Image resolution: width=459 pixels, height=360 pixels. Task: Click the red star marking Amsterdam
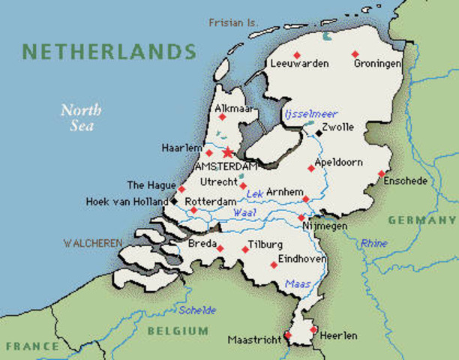(227, 152)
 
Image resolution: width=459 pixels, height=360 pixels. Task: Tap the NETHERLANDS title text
(109, 52)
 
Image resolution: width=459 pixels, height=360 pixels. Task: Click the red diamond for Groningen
(355, 54)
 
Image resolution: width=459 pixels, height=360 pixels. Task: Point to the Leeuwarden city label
(300, 64)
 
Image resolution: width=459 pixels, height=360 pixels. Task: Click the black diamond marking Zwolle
(319, 133)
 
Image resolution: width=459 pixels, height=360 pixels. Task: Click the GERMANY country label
(421, 220)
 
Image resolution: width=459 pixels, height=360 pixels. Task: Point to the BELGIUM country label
(178, 331)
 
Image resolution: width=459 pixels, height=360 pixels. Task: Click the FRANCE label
(32, 346)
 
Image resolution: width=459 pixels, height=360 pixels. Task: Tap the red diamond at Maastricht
(287, 335)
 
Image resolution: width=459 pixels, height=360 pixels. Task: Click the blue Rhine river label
(374, 243)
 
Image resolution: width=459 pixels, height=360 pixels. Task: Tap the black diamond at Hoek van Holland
(174, 201)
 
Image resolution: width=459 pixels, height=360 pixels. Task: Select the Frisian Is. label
(233, 22)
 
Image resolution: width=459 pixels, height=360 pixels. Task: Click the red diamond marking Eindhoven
(273, 264)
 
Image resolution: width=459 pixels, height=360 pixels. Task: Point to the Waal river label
(240, 213)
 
